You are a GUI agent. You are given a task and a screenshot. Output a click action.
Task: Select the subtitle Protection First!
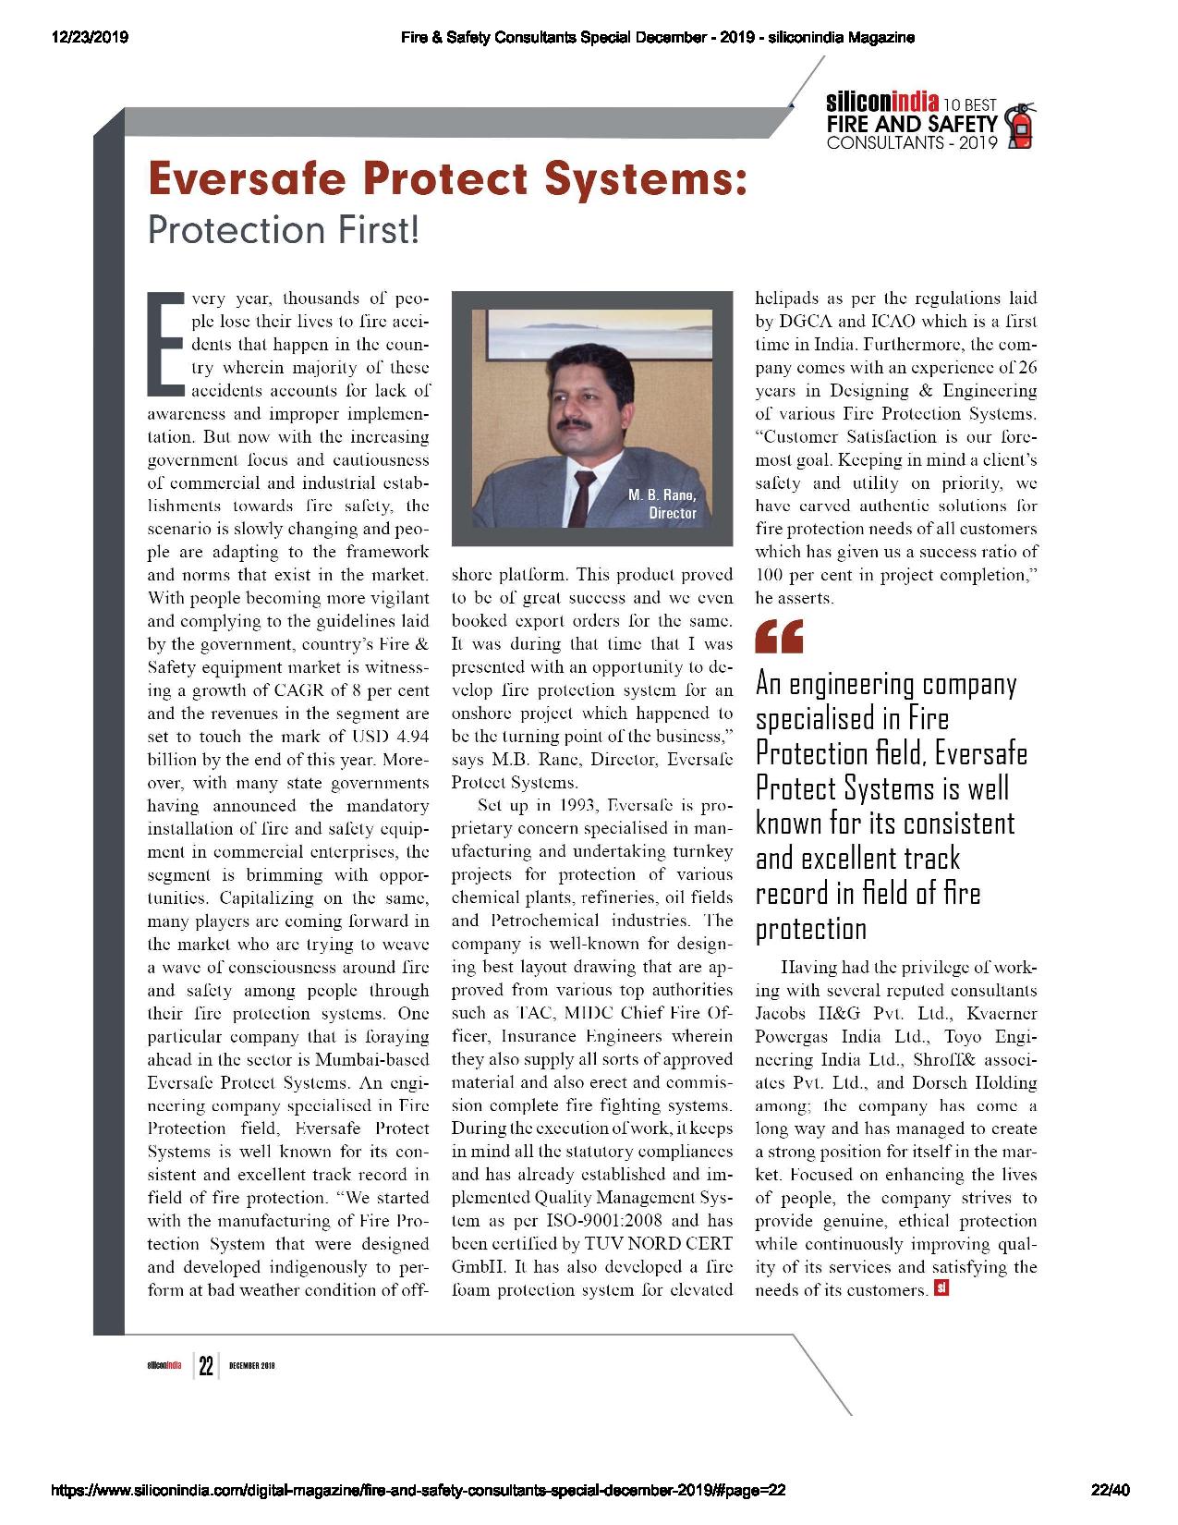(284, 230)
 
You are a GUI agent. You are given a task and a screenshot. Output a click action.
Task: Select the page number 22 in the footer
(205, 1366)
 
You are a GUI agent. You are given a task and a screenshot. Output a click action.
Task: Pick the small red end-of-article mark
(941, 1287)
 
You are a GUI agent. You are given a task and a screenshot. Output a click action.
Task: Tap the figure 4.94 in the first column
(407, 737)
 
